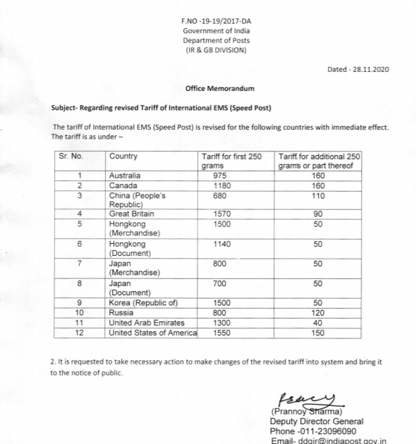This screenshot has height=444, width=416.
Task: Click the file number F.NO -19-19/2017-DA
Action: click(x=216, y=22)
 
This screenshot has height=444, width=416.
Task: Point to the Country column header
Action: click(x=123, y=156)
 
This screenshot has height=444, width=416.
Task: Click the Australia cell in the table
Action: click(x=125, y=175)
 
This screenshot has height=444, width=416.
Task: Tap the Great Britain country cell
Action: click(x=131, y=214)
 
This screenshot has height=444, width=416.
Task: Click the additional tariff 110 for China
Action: click(x=318, y=195)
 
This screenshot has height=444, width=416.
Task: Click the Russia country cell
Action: click(x=121, y=312)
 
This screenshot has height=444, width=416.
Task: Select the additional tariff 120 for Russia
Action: click(x=318, y=312)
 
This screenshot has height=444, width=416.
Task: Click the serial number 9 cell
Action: click(x=80, y=302)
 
